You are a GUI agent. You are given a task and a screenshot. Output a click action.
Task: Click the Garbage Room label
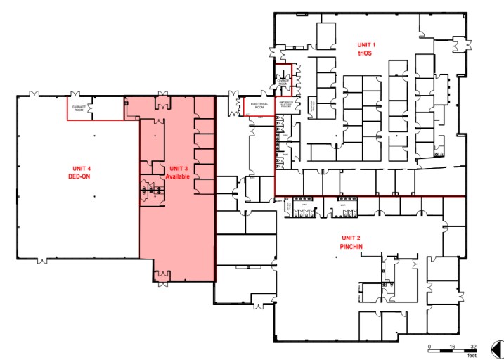point(78,107)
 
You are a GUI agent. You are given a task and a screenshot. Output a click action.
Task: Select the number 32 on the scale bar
point(472,347)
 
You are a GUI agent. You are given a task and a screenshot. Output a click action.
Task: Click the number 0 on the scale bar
point(429,347)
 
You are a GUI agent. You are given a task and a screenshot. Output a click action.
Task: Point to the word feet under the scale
point(472,357)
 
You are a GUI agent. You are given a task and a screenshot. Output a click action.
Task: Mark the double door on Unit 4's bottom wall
point(42,261)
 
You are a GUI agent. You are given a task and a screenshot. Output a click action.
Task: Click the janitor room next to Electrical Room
point(289,105)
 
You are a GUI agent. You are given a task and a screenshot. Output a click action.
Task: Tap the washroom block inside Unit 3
point(150,188)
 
